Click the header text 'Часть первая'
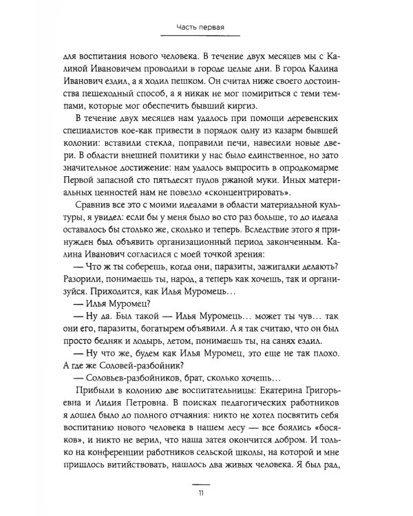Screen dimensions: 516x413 206,28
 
